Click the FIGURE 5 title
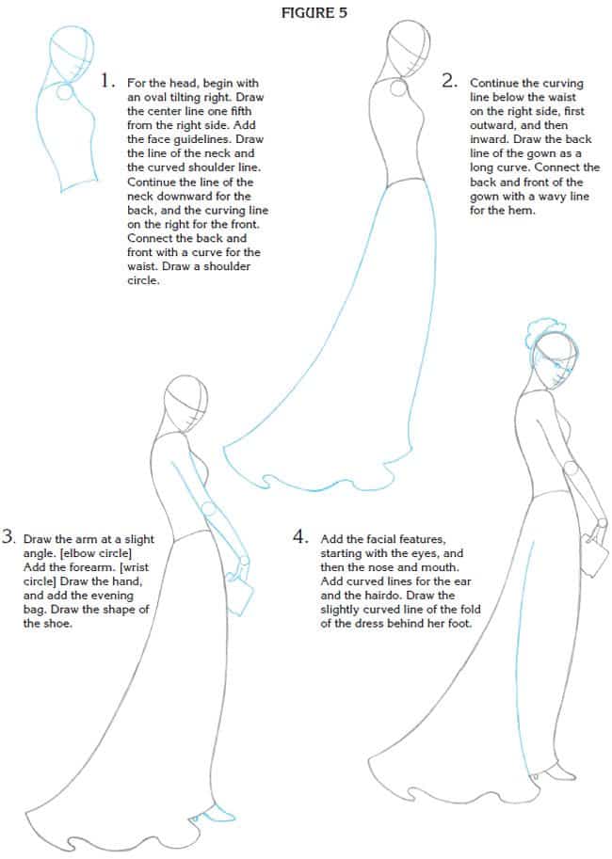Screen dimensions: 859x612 [x=308, y=12]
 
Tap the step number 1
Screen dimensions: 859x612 [x=108, y=81]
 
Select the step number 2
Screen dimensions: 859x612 [x=449, y=81]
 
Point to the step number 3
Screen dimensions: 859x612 [x=8, y=539]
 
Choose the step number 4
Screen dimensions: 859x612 [x=300, y=538]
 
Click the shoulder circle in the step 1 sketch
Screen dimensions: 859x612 [x=64, y=93]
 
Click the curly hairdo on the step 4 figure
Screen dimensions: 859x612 [x=534, y=338]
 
